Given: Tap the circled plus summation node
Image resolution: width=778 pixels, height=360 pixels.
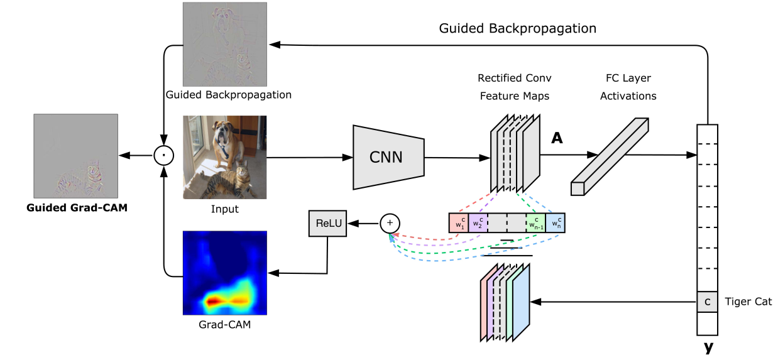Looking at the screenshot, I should pyautogui.click(x=390, y=222).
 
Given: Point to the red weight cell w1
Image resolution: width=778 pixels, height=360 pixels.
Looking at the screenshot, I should pyautogui.click(x=458, y=223).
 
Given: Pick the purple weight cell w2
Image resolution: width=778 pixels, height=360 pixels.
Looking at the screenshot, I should pyautogui.click(x=478, y=223).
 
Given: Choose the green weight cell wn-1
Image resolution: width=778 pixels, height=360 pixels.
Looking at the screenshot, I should pyautogui.click(x=535, y=223).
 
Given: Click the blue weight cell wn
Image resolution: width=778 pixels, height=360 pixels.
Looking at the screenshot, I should pyautogui.click(x=555, y=223).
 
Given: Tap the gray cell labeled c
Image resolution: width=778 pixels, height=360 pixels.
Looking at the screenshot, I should pyautogui.click(x=707, y=302).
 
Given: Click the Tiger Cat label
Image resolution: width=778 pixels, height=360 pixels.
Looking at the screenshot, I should pyautogui.click(x=748, y=302).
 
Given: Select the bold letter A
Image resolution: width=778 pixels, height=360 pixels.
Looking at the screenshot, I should pyautogui.click(x=557, y=139).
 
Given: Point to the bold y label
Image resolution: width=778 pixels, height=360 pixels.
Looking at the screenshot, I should pyautogui.click(x=709, y=347).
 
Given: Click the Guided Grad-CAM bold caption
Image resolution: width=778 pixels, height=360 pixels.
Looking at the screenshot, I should pyautogui.click(x=77, y=208).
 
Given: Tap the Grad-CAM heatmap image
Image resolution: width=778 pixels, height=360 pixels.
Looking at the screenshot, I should pyautogui.click(x=224, y=273).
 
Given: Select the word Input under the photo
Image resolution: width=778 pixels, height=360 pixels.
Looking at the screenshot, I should pyautogui.click(x=224, y=209).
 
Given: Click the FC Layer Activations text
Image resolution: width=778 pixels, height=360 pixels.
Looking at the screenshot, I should pyautogui.click(x=628, y=87).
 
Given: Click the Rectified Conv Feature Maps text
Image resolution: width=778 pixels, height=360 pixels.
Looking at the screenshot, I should pyautogui.click(x=514, y=87).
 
